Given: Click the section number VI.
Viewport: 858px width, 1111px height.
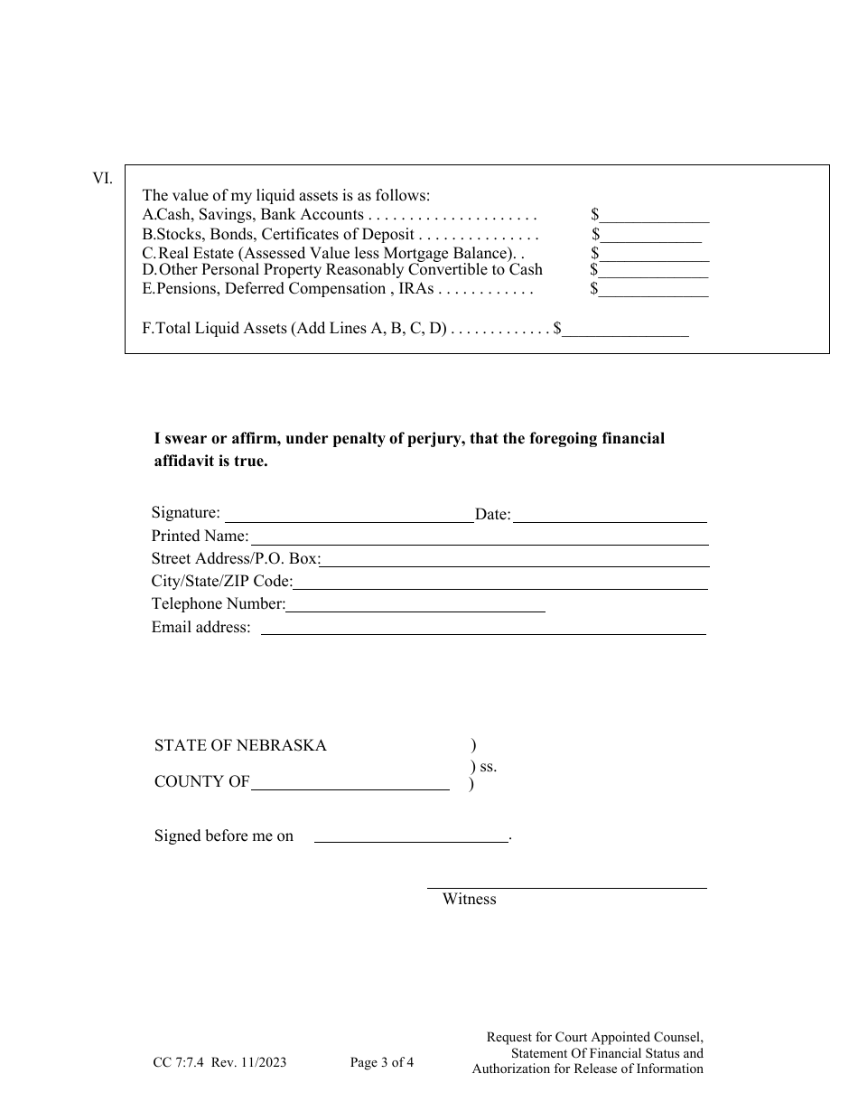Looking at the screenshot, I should pyautogui.click(x=102, y=178).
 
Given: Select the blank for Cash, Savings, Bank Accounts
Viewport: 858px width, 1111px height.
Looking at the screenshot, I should pyautogui.click(x=654, y=217).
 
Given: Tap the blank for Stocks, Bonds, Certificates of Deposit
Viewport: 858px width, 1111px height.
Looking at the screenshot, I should pyautogui.click(x=650, y=237).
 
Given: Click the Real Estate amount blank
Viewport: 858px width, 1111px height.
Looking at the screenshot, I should pyautogui.click(x=654, y=256).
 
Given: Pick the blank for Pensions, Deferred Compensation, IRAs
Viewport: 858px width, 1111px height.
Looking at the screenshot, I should pyautogui.click(x=654, y=291).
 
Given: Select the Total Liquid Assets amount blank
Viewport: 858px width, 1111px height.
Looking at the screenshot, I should pyautogui.click(x=625, y=331).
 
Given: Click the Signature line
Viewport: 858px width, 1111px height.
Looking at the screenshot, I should pyautogui.click(x=349, y=517).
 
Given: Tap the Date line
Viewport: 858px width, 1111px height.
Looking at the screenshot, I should pyautogui.click(x=610, y=517).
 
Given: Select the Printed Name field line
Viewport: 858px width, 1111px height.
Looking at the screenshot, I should pyautogui.click(x=479, y=538).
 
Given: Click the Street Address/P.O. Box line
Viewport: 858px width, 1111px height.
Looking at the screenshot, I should pyautogui.click(x=515, y=561).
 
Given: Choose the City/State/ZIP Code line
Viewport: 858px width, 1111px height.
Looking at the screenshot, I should pyautogui.click(x=500, y=584).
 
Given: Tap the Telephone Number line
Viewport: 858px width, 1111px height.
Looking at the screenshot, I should pyautogui.click(x=415, y=606).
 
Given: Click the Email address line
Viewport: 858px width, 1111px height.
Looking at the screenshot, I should pyautogui.click(x=483, y=630).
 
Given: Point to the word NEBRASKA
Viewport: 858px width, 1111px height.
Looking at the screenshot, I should pyautogui.click(x=281, y=746).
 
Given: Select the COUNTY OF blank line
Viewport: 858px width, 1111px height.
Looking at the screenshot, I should pyautogui.click(x=350, y=784).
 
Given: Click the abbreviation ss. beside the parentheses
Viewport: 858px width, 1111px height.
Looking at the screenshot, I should pyautogui.click(x=488, y=767).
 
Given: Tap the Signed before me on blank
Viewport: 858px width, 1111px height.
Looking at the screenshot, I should pyautogui.click(x=411, y=837).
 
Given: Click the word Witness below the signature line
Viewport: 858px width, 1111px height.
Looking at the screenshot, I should pyautogui.click(x=469, y=900).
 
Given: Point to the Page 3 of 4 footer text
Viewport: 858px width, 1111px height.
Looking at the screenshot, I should pyautogui.click(x=382, y=1063).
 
